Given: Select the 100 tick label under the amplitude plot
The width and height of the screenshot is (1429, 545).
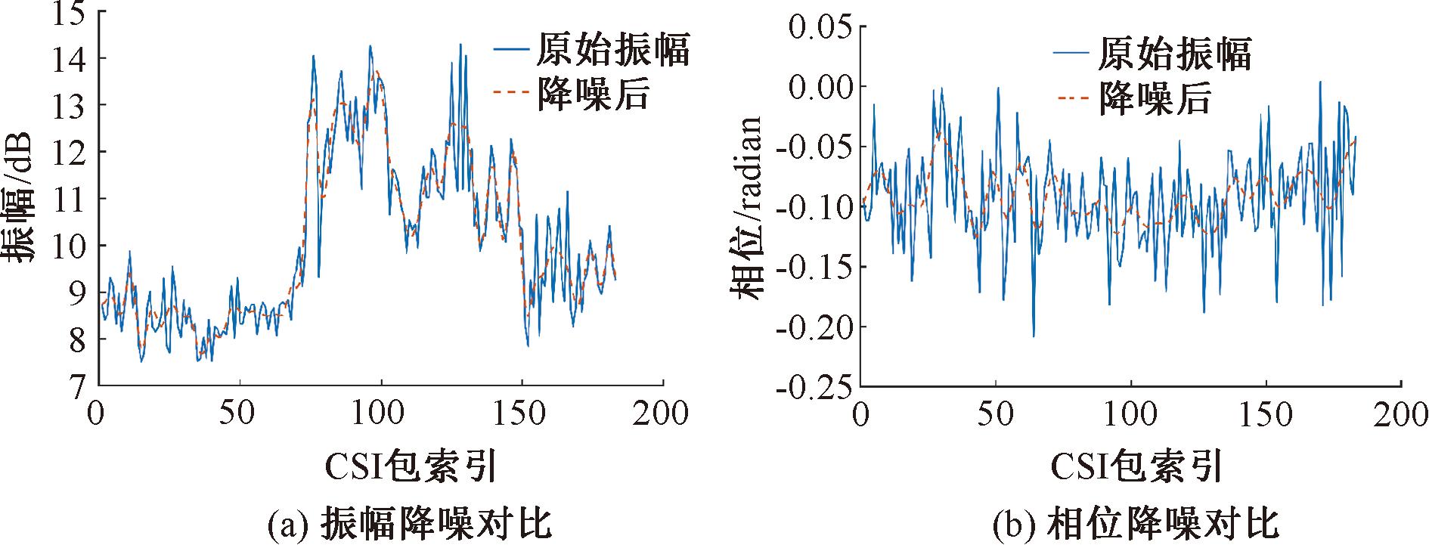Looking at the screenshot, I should point(381,414).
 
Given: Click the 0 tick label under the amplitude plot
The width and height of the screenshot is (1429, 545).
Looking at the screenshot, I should point(95,414).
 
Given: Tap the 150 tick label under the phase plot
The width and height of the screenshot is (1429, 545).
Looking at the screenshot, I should point(1265,414).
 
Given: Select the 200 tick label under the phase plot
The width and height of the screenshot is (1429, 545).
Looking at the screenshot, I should point(1400,414).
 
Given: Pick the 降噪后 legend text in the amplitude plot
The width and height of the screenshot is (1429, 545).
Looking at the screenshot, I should point(594,94).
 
